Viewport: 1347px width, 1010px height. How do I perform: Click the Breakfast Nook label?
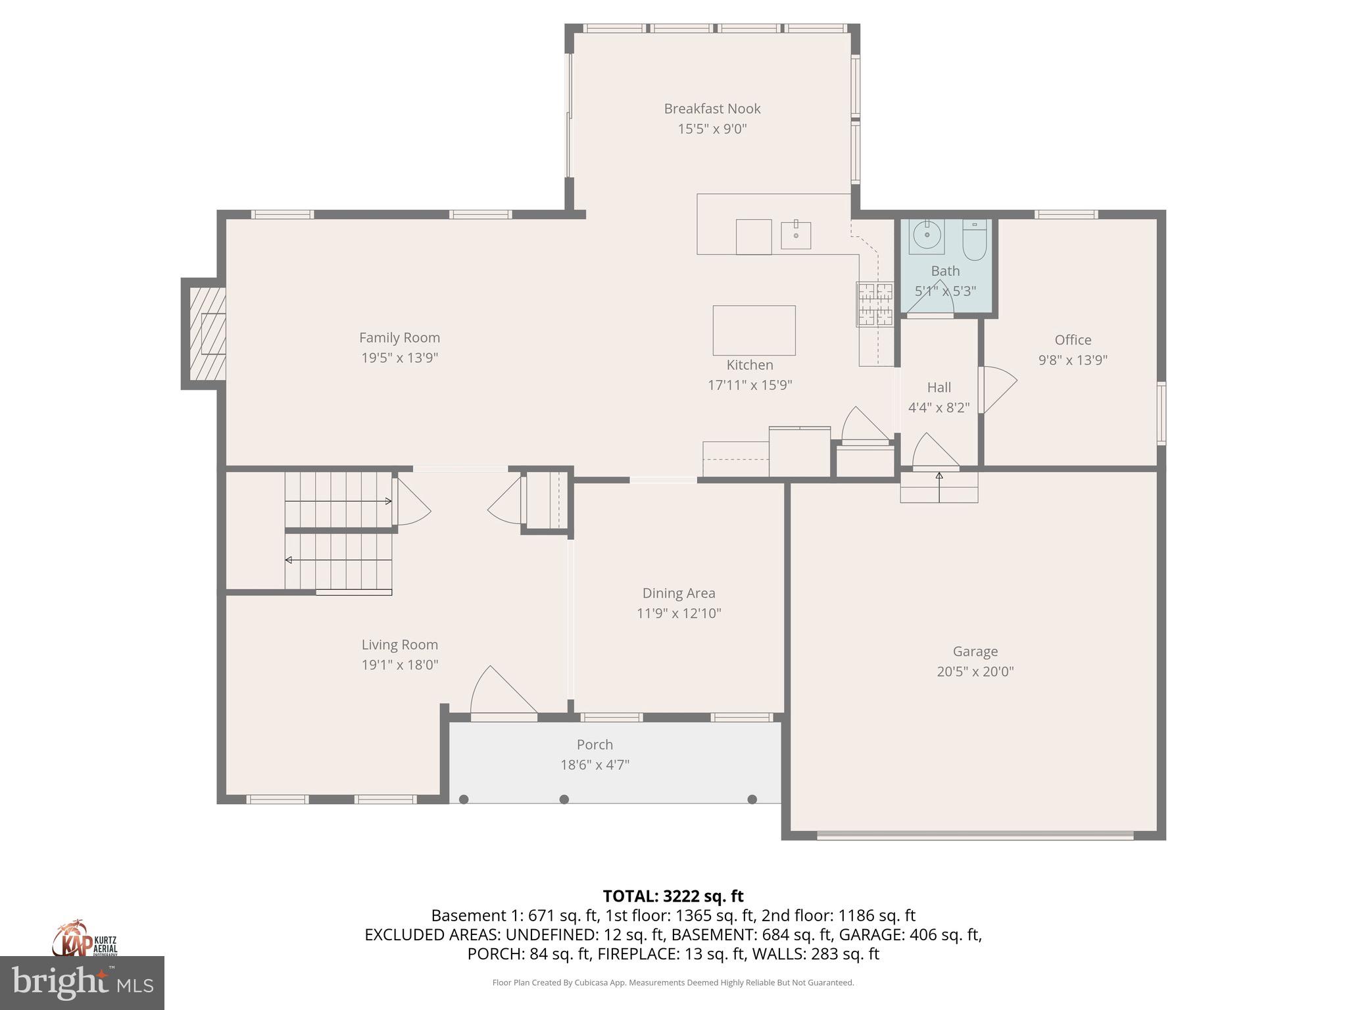712,108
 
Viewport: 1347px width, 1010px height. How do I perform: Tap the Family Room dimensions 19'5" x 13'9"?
399,358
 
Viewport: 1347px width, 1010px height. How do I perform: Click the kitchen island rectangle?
754,330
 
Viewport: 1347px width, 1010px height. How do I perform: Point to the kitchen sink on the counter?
796,235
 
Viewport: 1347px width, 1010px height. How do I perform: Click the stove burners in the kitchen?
875,304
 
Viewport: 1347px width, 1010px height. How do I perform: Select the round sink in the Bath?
927,235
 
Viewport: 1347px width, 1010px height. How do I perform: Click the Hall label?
939,387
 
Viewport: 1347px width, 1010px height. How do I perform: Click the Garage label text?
975,651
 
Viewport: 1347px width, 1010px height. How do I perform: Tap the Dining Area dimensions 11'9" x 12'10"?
679,613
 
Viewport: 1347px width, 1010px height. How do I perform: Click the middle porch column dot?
564,799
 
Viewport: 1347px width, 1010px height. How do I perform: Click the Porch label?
595,744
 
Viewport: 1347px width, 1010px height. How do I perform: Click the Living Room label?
399,644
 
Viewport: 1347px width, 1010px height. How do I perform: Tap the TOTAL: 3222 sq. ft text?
673,896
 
